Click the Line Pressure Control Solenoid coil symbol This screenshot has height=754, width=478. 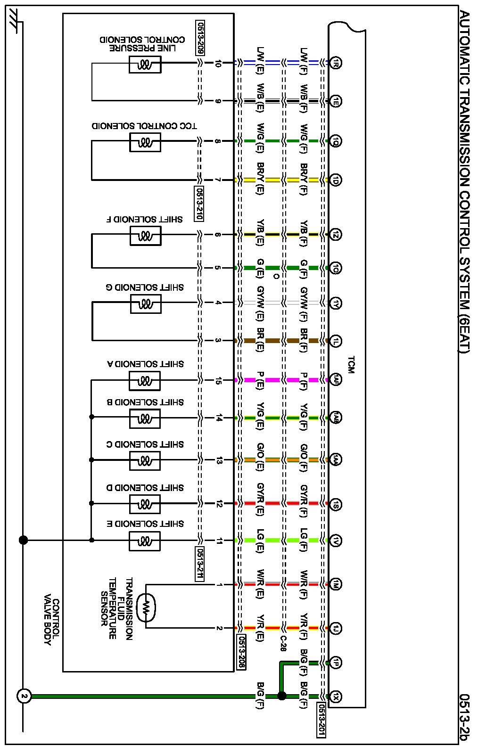145,65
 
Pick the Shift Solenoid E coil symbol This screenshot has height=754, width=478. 145,541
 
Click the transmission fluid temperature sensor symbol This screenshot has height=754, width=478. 146,606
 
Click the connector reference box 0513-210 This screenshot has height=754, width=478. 199,204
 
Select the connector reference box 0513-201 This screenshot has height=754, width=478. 321,719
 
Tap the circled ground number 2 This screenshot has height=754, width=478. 24,696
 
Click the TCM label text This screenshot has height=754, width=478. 350,365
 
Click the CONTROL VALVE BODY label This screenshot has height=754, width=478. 51,622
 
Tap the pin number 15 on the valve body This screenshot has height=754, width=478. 218,380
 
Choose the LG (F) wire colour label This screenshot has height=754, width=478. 304,541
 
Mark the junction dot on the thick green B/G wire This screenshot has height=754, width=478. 281,696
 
